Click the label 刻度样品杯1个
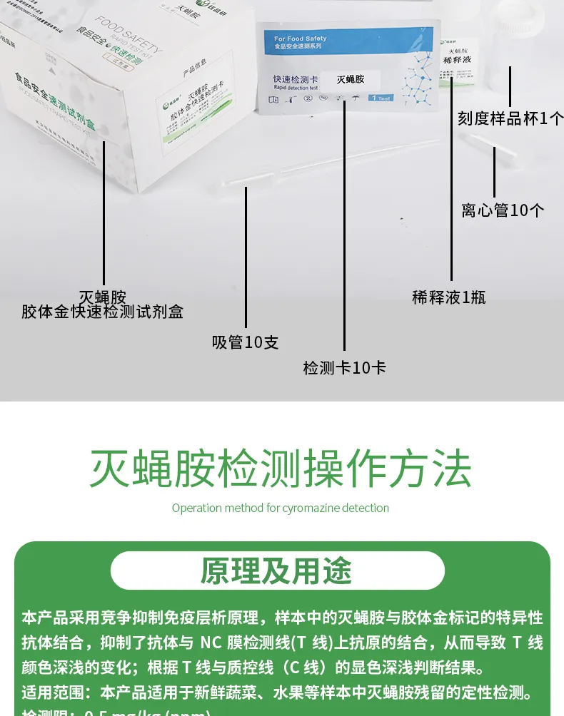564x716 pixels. pyautogui.click(x=510, y=118)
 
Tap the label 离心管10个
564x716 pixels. pyautogui.click(x=503, y=210)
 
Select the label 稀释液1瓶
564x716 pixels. pyautogui.click(x=449, y=297)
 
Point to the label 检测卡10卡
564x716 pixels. pyautogui.click(x=345, y=368)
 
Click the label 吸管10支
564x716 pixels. pyautogui.click(x=246, y=342)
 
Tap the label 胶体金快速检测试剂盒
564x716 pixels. pyautogui.click(x=102, y=312)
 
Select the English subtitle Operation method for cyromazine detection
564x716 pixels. pyautogui.click(x=281, y=508)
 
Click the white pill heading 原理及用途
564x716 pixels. pyautogui.click(x=277, y=571)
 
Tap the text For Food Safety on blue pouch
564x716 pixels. pyautogui.click(x=300, y=39)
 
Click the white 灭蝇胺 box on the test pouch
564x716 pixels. pyautogui.click(x=350, y=79)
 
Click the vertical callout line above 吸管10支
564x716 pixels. pyautogui.click(x=246, y=257)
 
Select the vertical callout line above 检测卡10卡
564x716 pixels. pyautogui.click(x=344, y=228)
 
